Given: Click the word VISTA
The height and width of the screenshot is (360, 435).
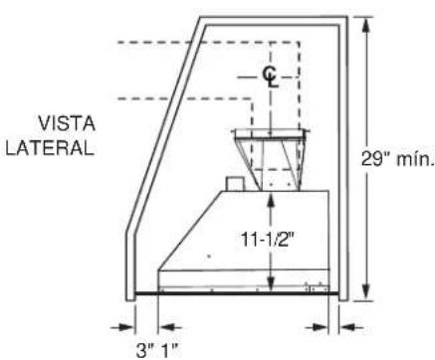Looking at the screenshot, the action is [67, 124].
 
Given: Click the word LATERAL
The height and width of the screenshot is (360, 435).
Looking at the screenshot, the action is [50, 148].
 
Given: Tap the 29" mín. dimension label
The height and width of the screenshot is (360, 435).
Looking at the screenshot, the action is [398, 159].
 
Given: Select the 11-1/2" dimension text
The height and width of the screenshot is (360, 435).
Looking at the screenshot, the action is [268, 239].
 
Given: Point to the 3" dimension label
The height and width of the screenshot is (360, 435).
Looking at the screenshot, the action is [146, 350].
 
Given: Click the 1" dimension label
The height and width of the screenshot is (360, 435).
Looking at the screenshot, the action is [170, 350].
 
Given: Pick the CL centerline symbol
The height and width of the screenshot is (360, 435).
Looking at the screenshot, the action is [271, 77].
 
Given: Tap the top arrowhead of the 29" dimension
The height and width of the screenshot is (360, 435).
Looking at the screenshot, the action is [365, 26].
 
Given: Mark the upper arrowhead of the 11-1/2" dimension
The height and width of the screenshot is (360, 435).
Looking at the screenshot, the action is [271, 200].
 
